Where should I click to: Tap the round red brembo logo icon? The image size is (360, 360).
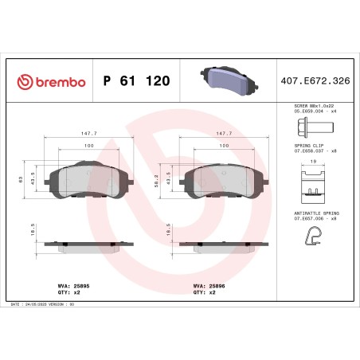click(x=23, y=81)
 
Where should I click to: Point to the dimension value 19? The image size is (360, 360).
click(x=313, y=162)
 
